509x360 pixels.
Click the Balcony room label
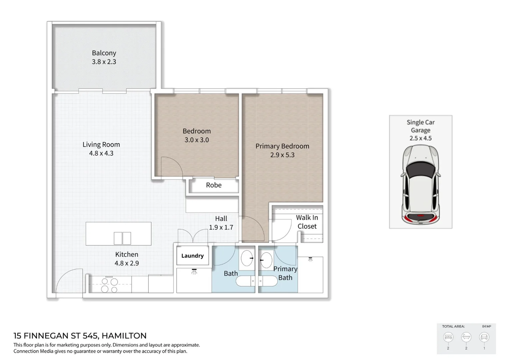[104, 53]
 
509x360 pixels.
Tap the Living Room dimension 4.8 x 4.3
[101, 153]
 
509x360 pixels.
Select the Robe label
[214, 185]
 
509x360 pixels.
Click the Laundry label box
[193, 256]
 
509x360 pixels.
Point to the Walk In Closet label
[307, 222]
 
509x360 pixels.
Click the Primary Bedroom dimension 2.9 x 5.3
[282, 155]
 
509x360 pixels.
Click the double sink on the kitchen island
[122, 238]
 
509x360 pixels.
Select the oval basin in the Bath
[247, 258]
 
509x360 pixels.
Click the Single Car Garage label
[420, 126]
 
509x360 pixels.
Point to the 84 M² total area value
[486, 326]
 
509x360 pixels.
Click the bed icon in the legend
[448, 337]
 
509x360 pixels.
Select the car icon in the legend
[484, 337]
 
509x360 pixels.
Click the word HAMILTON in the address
[124, 336]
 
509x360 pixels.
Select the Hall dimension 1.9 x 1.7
[221, 227]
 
